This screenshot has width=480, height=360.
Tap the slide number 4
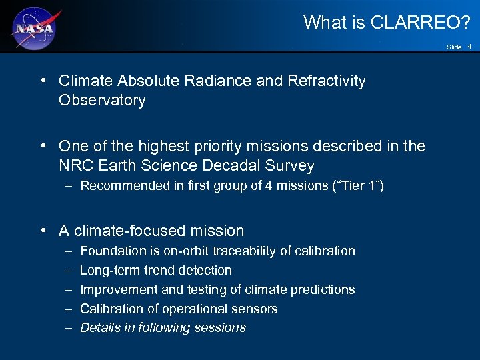[469, 47]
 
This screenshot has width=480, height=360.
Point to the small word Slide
[454, 47]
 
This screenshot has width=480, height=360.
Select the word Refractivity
[327, 81]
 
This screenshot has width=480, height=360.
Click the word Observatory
[102, 101]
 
